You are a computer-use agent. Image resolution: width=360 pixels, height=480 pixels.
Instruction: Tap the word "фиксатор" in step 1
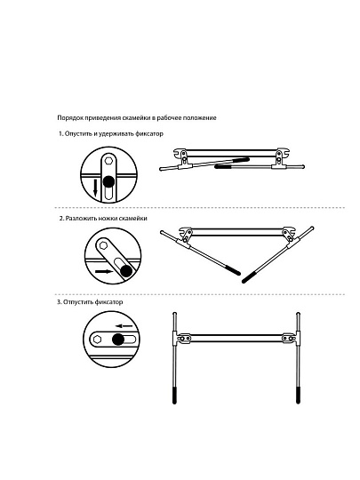pyautogui.click(x=149, y=133)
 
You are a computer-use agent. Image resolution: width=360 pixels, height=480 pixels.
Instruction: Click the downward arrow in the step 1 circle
pyautogui.click(x=95, y=188)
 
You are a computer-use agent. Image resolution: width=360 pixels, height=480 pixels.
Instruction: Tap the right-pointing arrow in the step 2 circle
pyautogui.click(x=104, y=271)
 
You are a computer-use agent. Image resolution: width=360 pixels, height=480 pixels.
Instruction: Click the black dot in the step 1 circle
pyautogui.click(x=108, y=182)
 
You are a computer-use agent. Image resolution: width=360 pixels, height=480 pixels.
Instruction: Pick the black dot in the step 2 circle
pyautogui.click(x=125, y=270)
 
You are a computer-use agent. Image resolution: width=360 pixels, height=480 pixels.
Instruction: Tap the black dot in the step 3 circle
pyautogui.click(x=118, y=340)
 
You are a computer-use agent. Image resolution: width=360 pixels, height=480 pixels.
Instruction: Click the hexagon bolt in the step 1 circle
pyautogui.click(x=108, y=160)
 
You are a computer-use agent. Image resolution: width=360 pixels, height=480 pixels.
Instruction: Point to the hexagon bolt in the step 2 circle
pyautogui.click(x=102, y=245)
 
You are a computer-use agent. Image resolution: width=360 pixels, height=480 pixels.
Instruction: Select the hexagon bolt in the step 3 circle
pyautogui.click(x=98, y=340)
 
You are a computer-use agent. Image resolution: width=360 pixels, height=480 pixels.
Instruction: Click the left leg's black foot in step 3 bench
pyautogui.click(x=174, y=396)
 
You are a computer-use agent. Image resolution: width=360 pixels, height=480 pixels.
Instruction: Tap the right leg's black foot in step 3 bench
pyautogui.click(x=298, y=396)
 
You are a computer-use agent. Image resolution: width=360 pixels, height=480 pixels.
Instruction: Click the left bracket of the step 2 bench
pyautogui.click(x=186, y=236)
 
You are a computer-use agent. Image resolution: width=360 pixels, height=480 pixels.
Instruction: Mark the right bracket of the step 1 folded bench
pyautogui.click(x=279, y=158)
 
